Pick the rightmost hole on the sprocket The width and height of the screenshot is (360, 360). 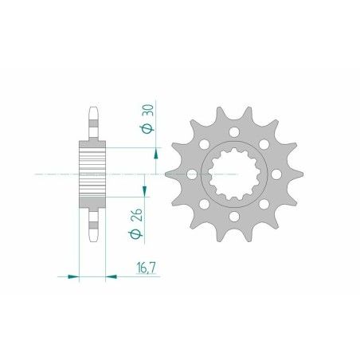click(x=275, y=172)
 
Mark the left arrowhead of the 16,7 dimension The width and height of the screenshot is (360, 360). click(x=73, y=276)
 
